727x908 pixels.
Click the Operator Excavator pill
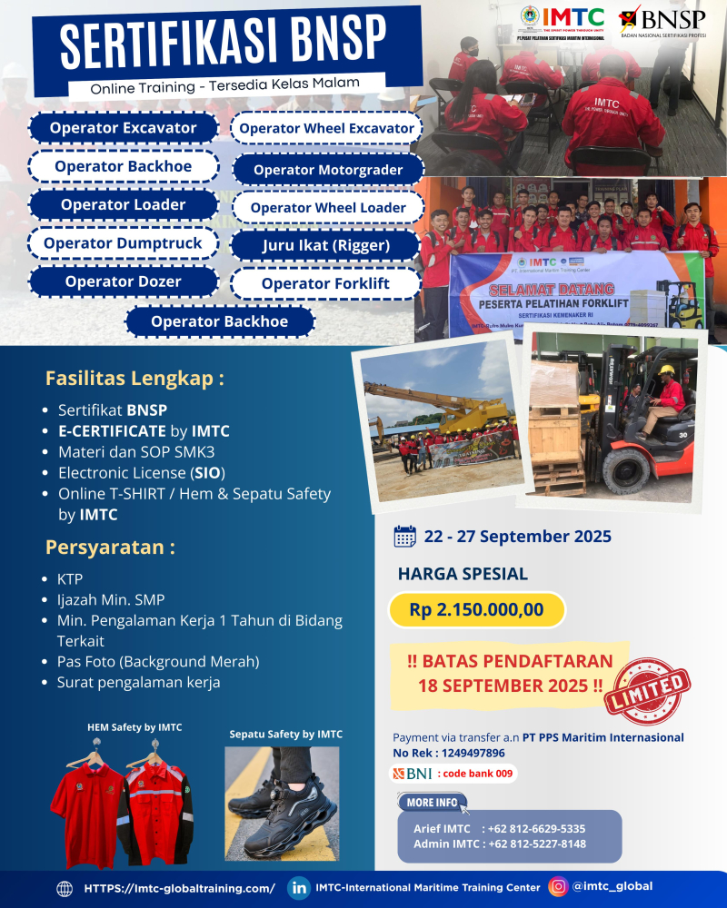coord(124,128)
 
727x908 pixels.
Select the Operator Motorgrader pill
coord(327,170)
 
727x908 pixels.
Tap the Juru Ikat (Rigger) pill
coord(325,245)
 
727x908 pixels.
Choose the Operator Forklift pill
coord(325,284)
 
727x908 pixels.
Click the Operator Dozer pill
coord(123,281)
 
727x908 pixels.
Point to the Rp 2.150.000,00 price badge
coord(476,610)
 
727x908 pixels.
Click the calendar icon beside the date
coord(405,537)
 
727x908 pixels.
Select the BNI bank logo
coord(411,774)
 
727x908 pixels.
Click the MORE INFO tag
coord(433,803)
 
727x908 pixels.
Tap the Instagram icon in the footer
coord(557,887)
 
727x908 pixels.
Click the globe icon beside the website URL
coord(65,889)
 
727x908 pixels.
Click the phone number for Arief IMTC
coord(536,829)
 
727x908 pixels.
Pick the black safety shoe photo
coord(282,803)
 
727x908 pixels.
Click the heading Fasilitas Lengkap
coord(134,378)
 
